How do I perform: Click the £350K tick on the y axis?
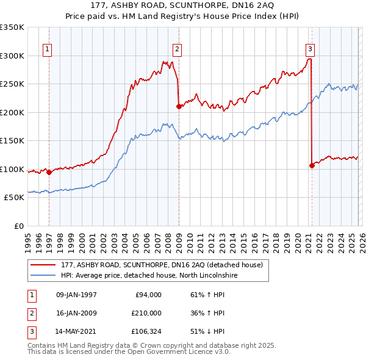[12, 27]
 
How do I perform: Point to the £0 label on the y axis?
[18, 226]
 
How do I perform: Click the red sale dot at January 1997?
[49, 173]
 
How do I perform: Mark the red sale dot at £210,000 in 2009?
[179, 107]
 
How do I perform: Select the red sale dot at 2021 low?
[312, 165]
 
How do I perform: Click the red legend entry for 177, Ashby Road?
[162, 265]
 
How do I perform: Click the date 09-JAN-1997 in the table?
[76, 295]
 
